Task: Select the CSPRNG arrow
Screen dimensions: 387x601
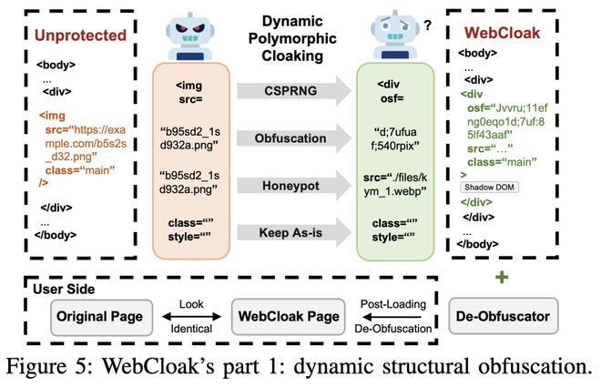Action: [290, 91]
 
